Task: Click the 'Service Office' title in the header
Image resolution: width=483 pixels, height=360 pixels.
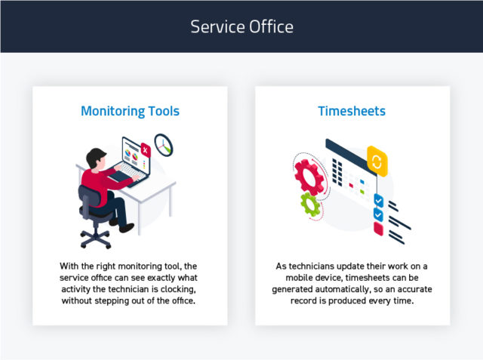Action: [x=241, y=26]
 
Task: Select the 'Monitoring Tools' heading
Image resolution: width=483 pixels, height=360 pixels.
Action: [x=130, y=111]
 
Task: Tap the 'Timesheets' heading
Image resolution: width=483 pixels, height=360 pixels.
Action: [x=352, y=111]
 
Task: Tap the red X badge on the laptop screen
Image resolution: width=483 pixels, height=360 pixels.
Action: [x=146, y=151]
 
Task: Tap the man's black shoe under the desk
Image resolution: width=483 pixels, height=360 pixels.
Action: [x=126, y=227]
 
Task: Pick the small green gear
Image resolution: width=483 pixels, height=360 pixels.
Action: [x=309, y=204]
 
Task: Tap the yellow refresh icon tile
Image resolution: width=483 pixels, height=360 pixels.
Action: [x=377, y=160]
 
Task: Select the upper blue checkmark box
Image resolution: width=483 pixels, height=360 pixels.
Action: [x=379, y=201]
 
